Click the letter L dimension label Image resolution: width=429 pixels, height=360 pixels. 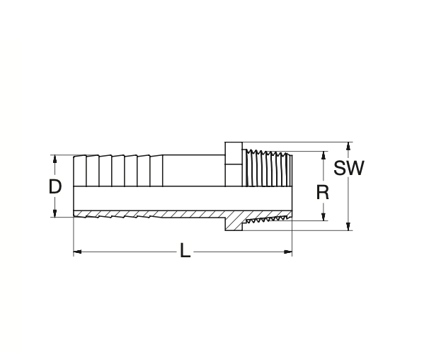[185, 251]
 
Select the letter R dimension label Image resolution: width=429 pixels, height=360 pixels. [323, 192]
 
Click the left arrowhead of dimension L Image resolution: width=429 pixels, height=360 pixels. [77, 251]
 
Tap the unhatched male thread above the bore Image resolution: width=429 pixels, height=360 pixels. [267, 169]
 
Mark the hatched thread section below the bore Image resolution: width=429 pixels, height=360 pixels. [267, 218]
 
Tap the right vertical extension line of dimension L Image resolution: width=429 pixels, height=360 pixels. [292, 237]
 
